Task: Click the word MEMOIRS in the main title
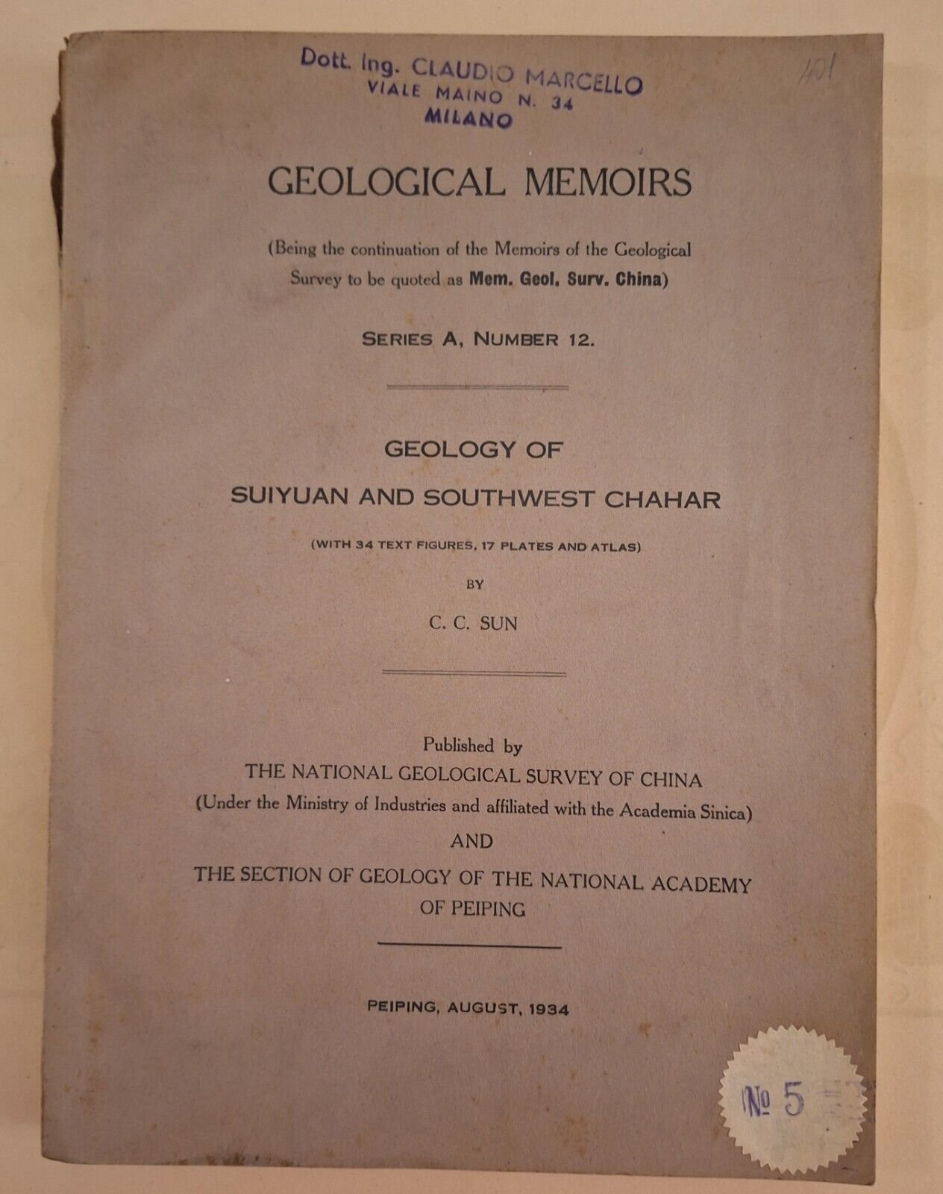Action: (x=607, y=182)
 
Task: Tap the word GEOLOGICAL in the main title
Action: (x=386, y=182)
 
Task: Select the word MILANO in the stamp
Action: (x=469, y=118)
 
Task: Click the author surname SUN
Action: (x=498, y=624)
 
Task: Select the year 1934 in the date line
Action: (x=548, y=1010)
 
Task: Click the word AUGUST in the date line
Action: (x=484, y=1008)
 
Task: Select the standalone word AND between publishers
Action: (x=471, y=841)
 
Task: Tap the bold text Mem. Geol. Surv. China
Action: (x=565, y=281)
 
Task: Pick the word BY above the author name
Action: (x=474, y=585)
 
